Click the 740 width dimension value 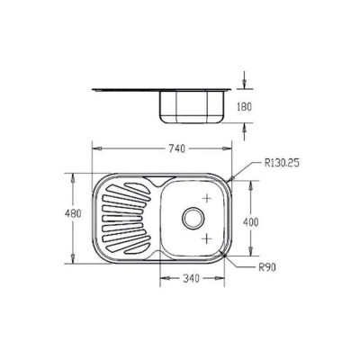[x=177, y=148]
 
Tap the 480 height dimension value [x=73, y=214]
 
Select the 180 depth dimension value [x=245, y=106]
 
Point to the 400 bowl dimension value [x=250, y=222]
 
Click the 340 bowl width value [x=191, y=278]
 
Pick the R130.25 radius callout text [x=282, y=163]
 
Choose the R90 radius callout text [x=267, y=266]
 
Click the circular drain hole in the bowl [x=193, y=218]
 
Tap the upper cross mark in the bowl [x=207, y=198]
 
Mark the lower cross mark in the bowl [x=206, y=238]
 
